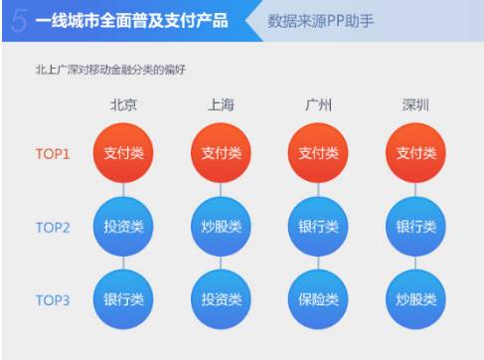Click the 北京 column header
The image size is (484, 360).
[x=123, y=105]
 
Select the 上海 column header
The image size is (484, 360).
[x=221, y=105]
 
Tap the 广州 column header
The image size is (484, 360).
[x=318, y=105]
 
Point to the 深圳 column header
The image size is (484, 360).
[x=415, y=105]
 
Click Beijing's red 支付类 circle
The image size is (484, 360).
[x=123, y=153]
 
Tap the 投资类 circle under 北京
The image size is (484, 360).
[x=123, y=226]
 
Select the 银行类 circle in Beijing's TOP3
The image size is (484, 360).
[x=123, y=298]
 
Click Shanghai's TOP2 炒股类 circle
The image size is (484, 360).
[x=221, y=226]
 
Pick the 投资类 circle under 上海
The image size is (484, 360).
[x=221, y=298]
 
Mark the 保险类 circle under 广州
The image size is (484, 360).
[x=318, y=298]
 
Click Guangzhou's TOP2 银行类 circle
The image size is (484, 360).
[x=318, y=226]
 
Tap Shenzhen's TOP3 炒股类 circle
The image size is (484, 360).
[x=415, y=298]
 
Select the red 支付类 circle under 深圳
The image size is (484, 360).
[x=415, y=153]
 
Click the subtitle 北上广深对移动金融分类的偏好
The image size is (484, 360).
[x=109, y=70]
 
